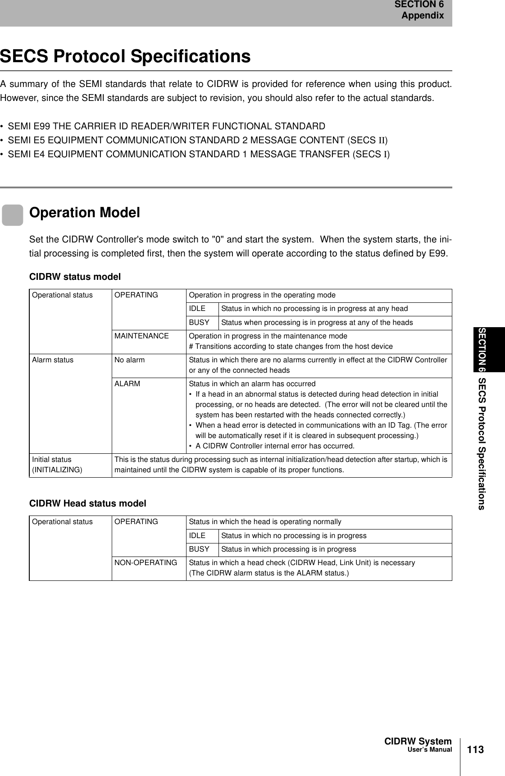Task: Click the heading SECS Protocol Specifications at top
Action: pyautogui.click(x=125, y=57)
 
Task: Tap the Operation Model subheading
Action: pyautogui.click(x=85, y=213)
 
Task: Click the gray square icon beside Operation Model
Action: pyautogui.click(x=13, y=215)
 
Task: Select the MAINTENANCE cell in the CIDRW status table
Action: pyautogui.click(x=141, y=336)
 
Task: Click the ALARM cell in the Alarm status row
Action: pyautogui.click(x=127, y=384)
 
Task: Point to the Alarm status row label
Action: pyautogui.click(x=53, y=360)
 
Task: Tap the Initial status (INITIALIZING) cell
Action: pyautogui.click(x=57, y=465)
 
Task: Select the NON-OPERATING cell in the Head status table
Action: pyautogui.click(x=146, y=563)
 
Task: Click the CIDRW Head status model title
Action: pyautogui.click(x=88, y=503)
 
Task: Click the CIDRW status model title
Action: pyautogui.click(x=75, y=276)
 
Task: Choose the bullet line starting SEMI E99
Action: pyautogui.click(x=167, y=126)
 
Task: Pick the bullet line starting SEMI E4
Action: pyautogui.click(x=199, y=155)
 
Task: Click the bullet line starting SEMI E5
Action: pyautogui.click(x=198, y=140)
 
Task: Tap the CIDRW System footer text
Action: pyautogui.click(x=418, y=742)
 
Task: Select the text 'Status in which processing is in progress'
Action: pyautogui.click(x=288, y=549)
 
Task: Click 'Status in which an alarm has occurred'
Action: pyautogui.click(x=252, y=384)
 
